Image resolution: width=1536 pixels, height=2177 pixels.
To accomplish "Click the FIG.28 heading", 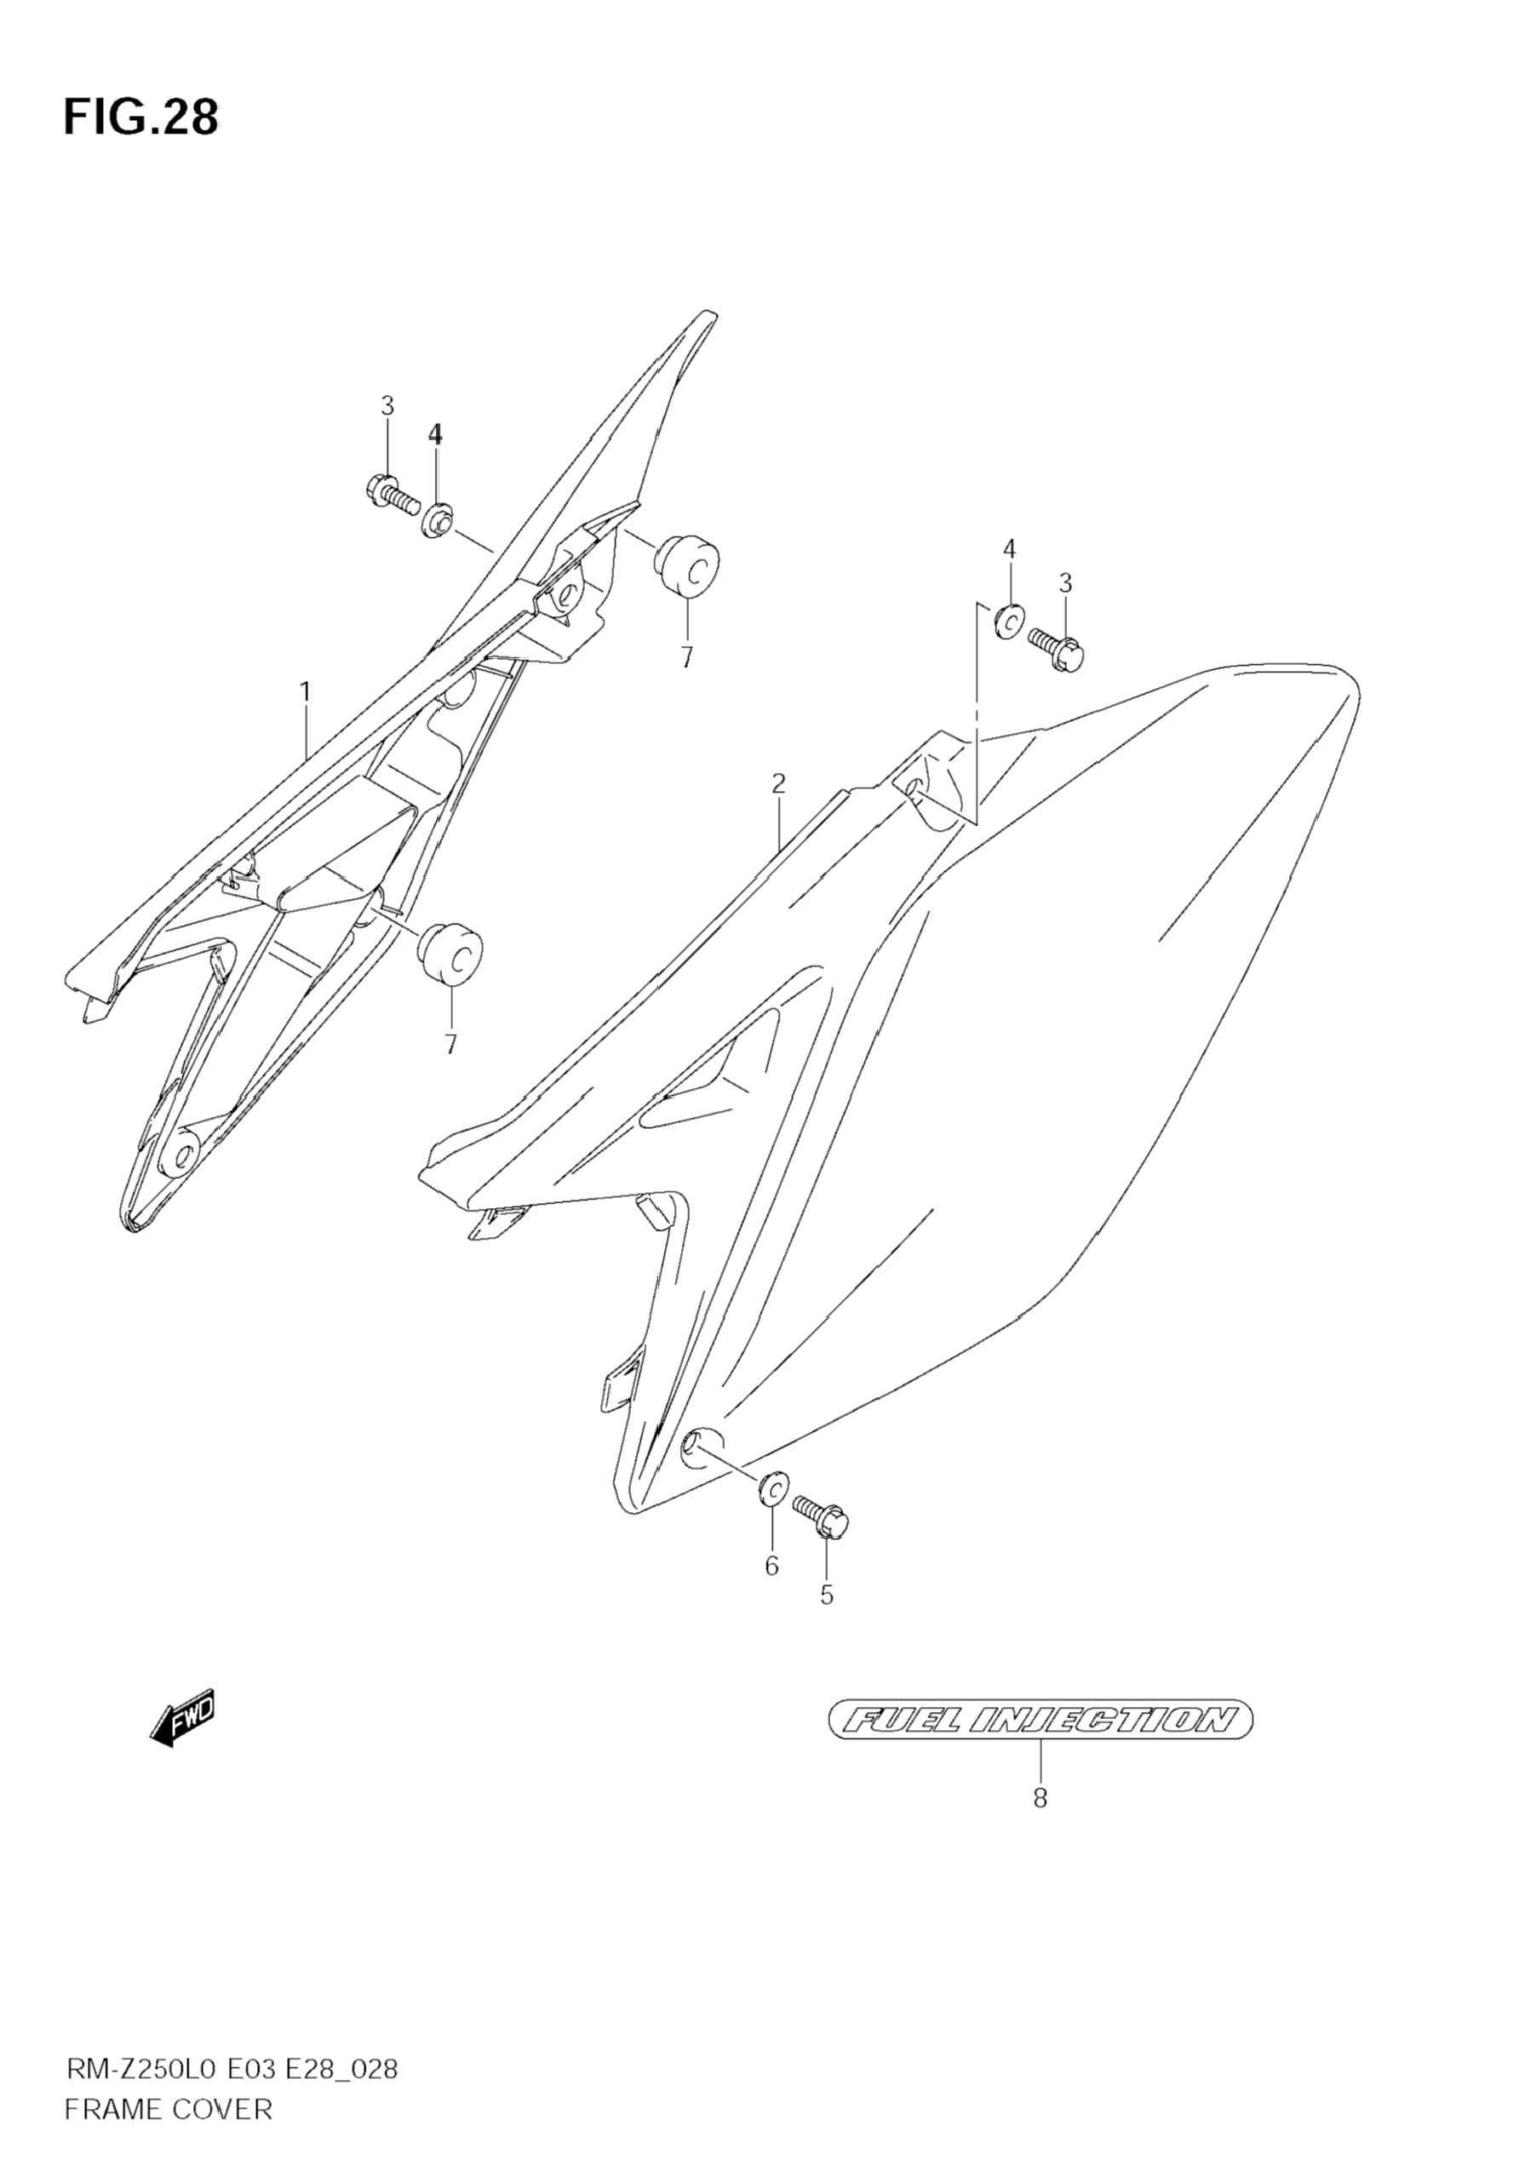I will click(140, 118).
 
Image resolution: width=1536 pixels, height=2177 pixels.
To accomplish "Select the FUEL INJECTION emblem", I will click(1040, 1718).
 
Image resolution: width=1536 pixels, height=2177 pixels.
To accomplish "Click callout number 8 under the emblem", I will click(1040, 1798).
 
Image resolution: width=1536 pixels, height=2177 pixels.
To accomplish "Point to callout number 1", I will click(306, 692).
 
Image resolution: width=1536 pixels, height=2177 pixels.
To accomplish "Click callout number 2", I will click(778, 783).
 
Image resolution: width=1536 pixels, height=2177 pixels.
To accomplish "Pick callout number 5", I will click(827, 1596).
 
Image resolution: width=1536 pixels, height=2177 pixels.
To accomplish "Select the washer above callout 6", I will click(771, 1487).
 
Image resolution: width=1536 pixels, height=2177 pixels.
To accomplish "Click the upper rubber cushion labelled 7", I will click(686, 566).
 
